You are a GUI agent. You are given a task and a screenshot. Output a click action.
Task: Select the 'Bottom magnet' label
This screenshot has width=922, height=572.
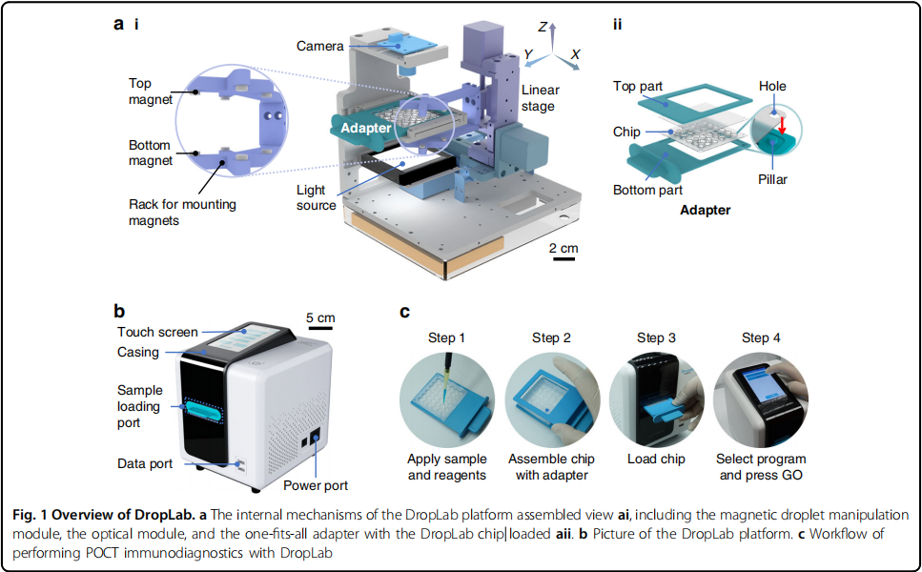(x=151, y=153)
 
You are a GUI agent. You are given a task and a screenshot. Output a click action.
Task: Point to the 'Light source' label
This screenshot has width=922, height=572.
(x=316, y=197)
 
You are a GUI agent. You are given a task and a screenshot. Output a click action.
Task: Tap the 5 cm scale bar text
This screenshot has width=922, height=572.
(x=320, y=317)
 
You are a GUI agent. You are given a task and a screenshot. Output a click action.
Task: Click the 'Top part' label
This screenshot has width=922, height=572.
(x=638, y=86)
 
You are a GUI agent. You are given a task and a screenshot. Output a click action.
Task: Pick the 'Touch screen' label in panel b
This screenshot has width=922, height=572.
(x=157, y=333)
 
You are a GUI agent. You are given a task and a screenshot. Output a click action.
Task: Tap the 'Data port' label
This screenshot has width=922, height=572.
(x=145, y=464)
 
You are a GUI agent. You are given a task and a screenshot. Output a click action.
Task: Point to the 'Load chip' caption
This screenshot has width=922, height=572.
(x=657, y=460)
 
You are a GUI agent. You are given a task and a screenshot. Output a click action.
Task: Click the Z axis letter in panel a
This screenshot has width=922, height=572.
(x=542, y=27)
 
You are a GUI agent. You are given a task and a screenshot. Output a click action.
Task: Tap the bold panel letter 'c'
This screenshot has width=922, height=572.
(x=404, y=312)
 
